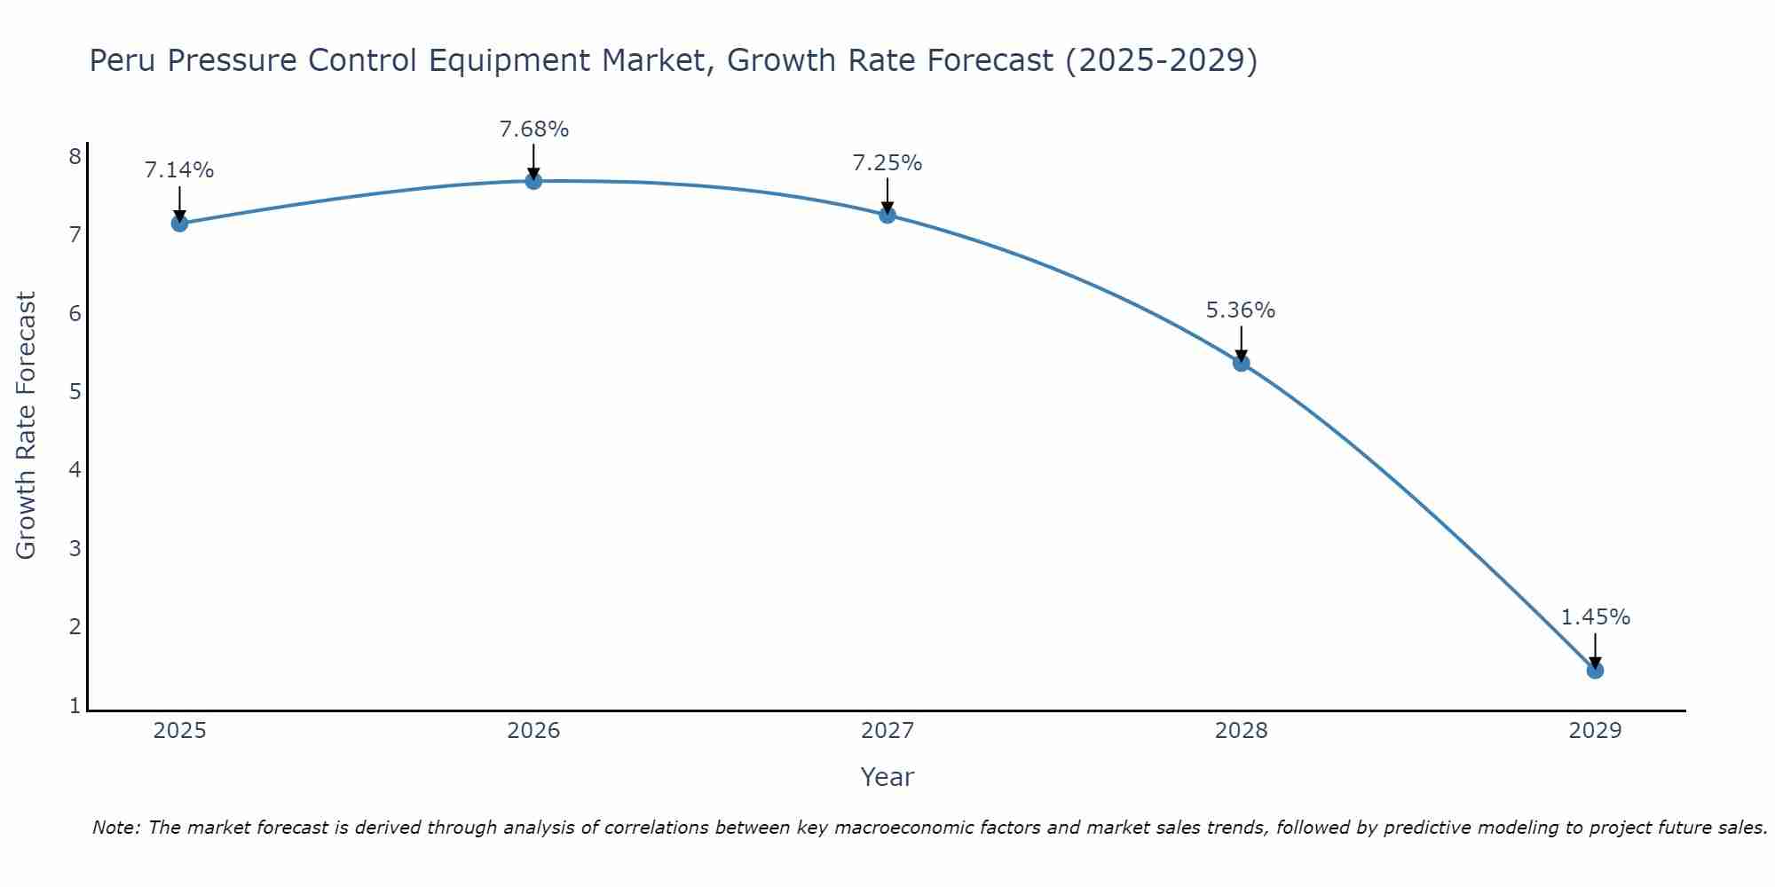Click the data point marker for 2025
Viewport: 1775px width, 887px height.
pos(179,223)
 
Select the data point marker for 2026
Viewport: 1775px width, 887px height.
pos(533,181)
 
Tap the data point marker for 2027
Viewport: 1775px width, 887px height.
pos(887,215)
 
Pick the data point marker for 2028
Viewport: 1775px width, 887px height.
pos(1241,363)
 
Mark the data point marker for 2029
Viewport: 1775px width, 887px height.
pos(1595,670)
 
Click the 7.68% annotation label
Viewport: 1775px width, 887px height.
pos(533,130)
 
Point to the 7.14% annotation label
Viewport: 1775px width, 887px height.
pos(179,170)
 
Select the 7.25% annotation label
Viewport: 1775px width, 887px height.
pos(887,163)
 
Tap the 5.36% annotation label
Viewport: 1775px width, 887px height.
pos(1241,310)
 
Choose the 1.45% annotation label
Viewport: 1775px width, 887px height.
pos(1595,617)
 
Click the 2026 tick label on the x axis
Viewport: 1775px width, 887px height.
pos(533,731)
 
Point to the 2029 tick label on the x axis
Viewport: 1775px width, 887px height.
pos(1595,731)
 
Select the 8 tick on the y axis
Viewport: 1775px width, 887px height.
pos(75,157)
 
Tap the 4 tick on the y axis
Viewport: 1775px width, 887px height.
pos(75,469)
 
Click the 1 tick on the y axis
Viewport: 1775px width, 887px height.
pos(75,706)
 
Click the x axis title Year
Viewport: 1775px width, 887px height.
pos(887,777)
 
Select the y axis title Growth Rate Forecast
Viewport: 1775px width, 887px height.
pos(27,425)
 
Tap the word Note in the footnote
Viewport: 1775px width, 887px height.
pos(115,828)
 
